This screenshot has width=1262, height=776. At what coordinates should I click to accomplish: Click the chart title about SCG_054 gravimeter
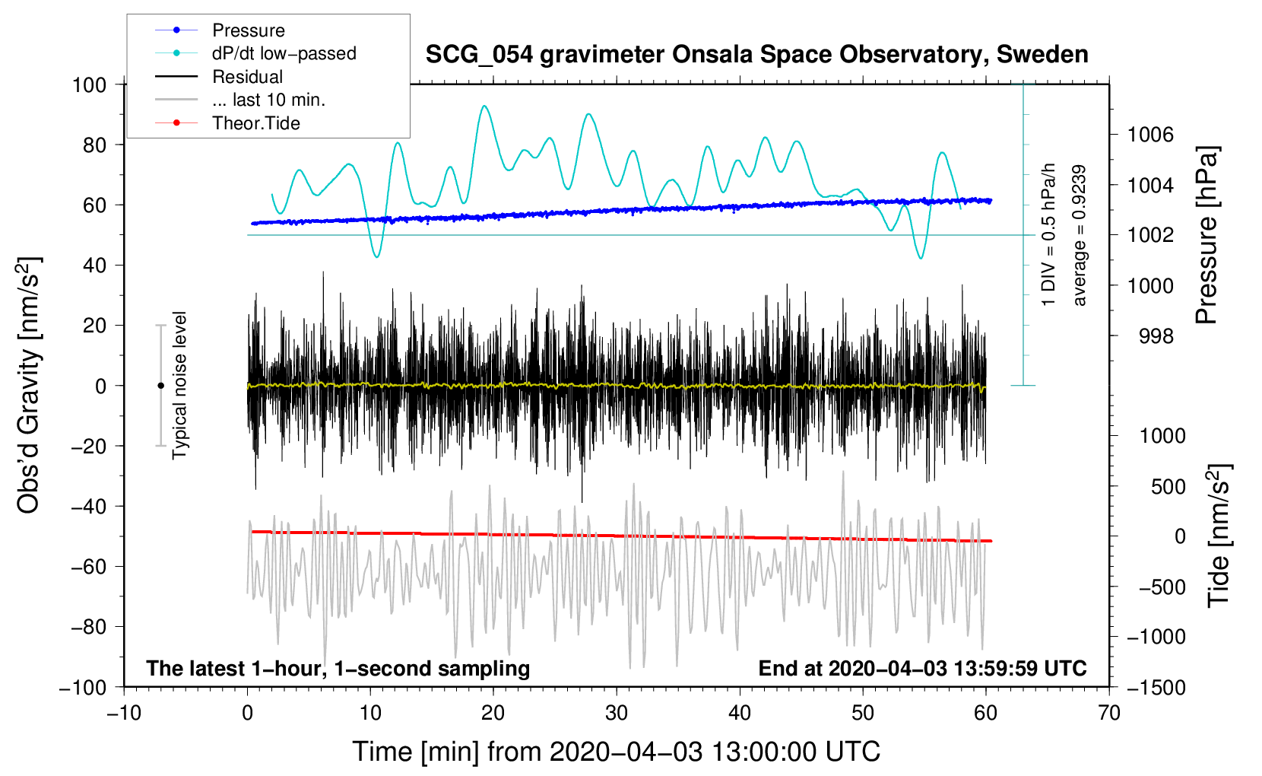[756, 55]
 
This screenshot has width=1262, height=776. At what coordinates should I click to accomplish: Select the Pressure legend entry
[248, 30]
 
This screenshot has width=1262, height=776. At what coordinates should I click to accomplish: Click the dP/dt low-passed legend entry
[284, 53]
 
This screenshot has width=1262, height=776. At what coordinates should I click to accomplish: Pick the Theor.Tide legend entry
[255, 123]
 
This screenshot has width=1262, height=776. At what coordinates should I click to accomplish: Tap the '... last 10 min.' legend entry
[268, 100]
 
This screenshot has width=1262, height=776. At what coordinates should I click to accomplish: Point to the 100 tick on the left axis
[89, 84]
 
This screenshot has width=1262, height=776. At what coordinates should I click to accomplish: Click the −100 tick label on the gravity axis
[83, 687]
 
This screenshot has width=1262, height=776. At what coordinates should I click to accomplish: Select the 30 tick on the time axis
[617, 713]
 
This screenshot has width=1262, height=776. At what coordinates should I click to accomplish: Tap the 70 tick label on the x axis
[1109, 713]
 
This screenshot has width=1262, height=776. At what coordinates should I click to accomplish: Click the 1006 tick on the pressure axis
[1150, 135]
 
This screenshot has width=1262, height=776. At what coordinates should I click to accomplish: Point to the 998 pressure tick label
[1156, 336]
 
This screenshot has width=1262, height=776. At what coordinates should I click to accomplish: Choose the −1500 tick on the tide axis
[1156, 687]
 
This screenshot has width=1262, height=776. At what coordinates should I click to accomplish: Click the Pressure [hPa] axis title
[1207, 236]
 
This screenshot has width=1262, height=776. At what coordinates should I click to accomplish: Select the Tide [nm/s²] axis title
[1219, 536]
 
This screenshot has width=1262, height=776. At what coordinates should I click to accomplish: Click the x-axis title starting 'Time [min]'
[616, 752]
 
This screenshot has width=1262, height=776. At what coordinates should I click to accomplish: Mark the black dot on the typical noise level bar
[160, 386]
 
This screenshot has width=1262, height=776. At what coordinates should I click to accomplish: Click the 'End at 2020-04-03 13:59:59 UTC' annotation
[922, 669]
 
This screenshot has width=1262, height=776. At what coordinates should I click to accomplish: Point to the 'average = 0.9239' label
[1080, 236]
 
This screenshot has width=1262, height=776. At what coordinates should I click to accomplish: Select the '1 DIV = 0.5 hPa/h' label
[1049, 236]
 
